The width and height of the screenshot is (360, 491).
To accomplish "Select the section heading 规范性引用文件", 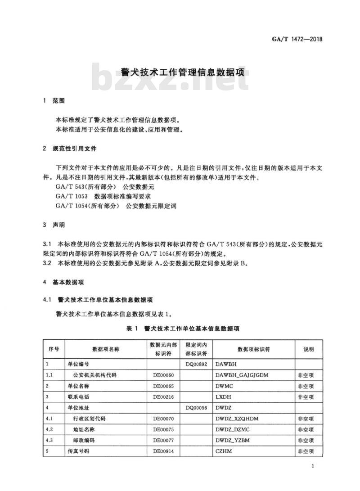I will [78, 148].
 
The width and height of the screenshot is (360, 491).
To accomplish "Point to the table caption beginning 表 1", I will [183, 329].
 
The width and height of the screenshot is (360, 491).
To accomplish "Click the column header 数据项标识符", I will [254, 349].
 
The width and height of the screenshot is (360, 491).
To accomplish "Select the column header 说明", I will [308, 349].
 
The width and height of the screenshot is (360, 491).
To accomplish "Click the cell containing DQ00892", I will [197, 364].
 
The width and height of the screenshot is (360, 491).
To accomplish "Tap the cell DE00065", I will [163, 386].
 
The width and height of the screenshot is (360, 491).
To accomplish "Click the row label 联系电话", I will [79, 396].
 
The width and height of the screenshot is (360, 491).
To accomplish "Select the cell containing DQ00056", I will [197, 407].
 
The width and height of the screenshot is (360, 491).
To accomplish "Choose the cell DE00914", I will [163, 451].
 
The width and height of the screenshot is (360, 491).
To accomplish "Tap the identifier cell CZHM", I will [224, 451].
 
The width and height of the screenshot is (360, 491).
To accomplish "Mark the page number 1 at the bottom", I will [312, 466].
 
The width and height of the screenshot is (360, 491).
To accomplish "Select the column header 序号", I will [54, 349].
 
